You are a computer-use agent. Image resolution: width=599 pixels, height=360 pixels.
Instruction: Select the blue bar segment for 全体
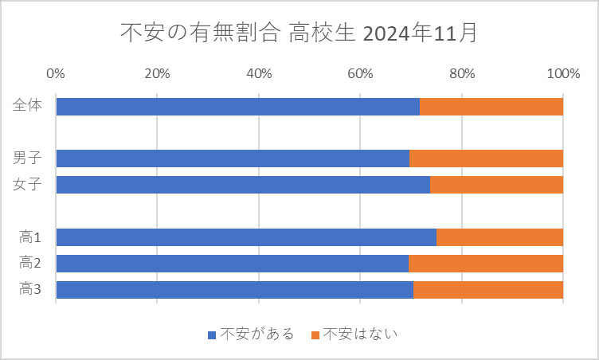pos(237,107)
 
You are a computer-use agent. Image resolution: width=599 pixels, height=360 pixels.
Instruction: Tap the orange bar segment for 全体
pos(491,107)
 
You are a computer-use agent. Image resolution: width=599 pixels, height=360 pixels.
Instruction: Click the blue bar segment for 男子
pos(233,158)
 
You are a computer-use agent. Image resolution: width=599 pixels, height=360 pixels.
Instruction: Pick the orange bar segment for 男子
pos(486,158)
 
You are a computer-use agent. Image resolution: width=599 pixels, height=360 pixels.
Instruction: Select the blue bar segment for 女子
pos(243,185)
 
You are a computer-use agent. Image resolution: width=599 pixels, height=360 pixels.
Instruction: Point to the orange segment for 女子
pos(496,185)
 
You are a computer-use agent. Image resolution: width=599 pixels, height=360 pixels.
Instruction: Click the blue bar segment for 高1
pos(246,237)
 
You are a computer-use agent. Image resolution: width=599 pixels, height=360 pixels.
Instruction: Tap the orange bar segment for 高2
pos(486,264)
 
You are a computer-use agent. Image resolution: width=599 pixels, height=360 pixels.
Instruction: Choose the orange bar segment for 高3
pos(488,290)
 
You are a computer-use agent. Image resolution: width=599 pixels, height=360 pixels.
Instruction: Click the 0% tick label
pos(56,74)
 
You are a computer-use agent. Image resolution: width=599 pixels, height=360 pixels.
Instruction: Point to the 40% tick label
pos(259,74)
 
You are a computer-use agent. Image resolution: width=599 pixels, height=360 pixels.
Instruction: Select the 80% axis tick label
pos(462,74)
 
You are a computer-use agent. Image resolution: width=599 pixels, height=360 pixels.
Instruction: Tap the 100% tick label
pos(563,74)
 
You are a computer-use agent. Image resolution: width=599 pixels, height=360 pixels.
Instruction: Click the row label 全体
pos(28,107)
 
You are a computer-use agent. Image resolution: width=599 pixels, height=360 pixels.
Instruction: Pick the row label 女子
pos(28,185)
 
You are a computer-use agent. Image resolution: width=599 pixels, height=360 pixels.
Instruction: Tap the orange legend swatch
pos(315,335)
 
